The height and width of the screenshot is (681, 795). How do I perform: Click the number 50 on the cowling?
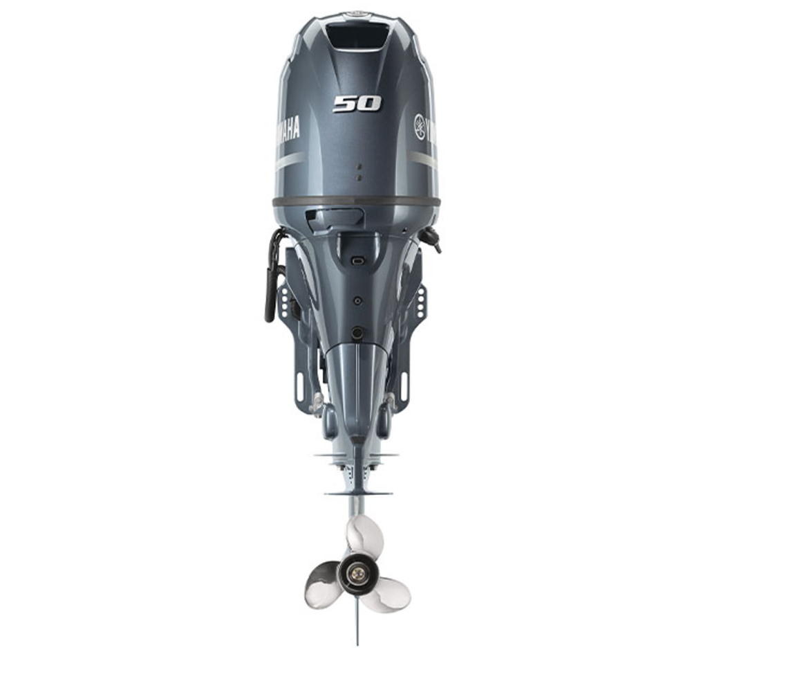357,104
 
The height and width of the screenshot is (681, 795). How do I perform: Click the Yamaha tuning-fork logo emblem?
420,127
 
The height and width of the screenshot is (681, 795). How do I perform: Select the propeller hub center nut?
357,572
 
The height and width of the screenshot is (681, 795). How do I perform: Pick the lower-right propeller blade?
386,595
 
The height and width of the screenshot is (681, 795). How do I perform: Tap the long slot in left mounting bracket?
299,386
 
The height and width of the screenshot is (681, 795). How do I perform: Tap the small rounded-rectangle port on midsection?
357,262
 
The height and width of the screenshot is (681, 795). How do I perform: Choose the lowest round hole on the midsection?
357,333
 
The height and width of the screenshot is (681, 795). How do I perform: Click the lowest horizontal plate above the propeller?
358,493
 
